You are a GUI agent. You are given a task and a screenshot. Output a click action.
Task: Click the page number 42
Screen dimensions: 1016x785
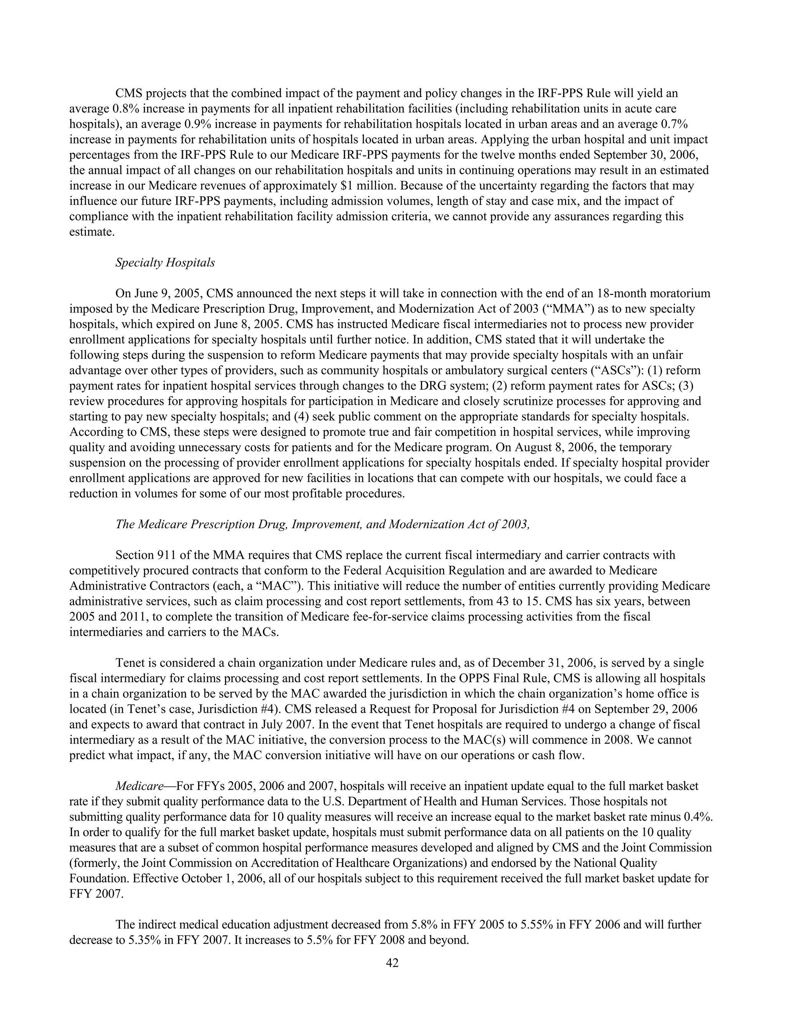(x=392, y=963)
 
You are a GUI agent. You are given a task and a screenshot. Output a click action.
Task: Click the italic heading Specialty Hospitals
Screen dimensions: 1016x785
(x=165, y=263)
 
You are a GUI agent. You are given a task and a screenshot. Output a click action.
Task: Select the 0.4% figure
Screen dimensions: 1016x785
(x=698, y=817)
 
